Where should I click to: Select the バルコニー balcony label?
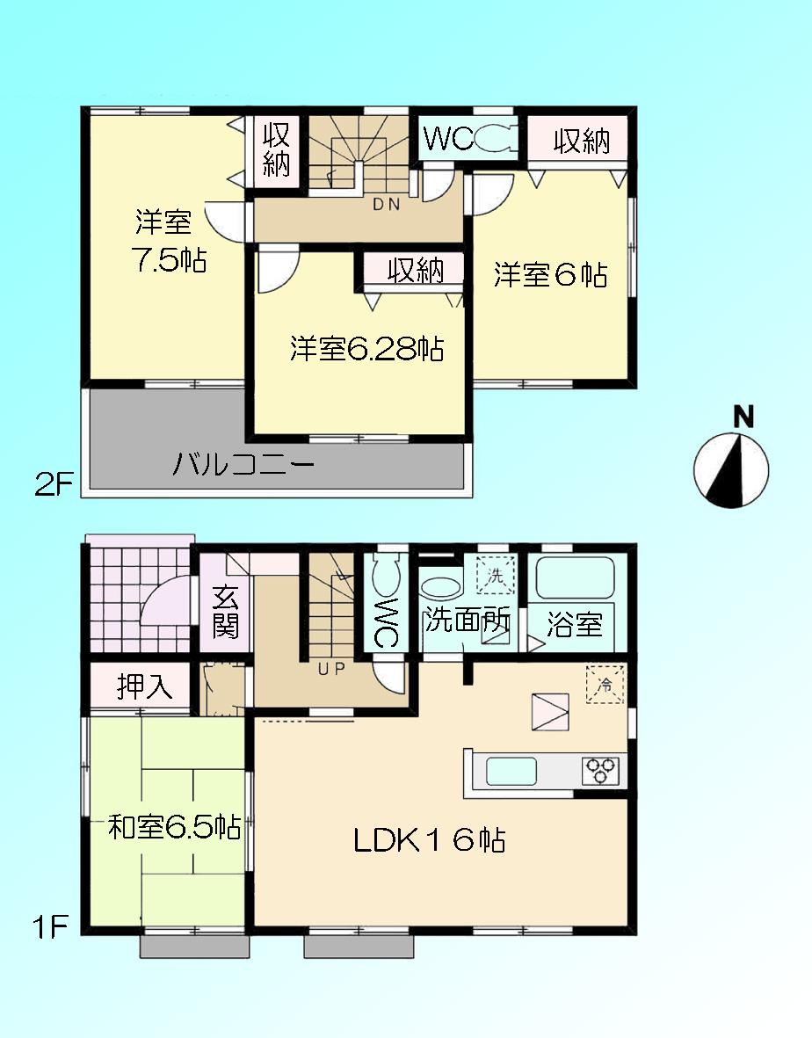point(243,464)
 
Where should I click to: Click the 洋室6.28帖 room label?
point(366,350)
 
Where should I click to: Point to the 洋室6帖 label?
point(550,276)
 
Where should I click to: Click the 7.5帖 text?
point(168,260)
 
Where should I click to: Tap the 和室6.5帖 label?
point(174,827)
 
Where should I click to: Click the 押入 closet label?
point(145,686)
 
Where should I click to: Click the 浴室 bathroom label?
point(574,625)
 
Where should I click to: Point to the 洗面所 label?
point(466,621)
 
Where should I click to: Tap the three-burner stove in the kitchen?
point(602,771)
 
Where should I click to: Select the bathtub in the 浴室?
point(574,578)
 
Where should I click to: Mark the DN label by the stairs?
point(387,206)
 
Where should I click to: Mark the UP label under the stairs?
point(331,668)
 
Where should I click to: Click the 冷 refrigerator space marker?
point(605,684)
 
